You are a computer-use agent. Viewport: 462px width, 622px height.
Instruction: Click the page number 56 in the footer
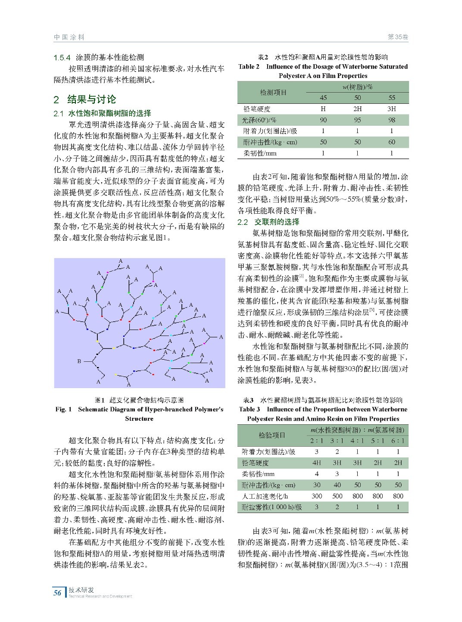click(57, 593)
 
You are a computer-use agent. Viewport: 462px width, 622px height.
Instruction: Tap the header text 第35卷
click(397, 37)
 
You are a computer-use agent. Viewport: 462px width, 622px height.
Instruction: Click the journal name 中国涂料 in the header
click(69, 37)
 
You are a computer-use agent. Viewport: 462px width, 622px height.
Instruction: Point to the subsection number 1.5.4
click(62, 57)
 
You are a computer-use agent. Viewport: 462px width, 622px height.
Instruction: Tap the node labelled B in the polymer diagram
click(79, 361)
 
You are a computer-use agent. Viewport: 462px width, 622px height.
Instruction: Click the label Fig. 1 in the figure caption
click(64, 409)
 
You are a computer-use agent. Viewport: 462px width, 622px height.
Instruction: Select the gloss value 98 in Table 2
click(391, 120)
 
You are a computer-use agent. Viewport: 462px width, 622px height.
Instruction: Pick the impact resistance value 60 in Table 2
click(391, 142)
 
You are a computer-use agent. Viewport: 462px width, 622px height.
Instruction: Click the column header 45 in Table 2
click(323, 98)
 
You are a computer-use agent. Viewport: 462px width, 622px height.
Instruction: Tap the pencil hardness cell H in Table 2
click(323, 109)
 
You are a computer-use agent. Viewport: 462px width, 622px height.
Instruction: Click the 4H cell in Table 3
click(317, 463)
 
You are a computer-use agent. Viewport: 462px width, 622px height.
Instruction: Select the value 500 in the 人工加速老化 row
click(337, 496)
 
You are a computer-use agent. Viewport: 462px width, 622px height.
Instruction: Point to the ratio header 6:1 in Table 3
click(398, 441)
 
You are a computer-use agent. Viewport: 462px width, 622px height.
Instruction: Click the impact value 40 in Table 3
click(337, 485)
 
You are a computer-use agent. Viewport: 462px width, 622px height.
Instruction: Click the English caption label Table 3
click(250, 409)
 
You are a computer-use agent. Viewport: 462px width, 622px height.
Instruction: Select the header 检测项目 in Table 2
click(273, 92)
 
